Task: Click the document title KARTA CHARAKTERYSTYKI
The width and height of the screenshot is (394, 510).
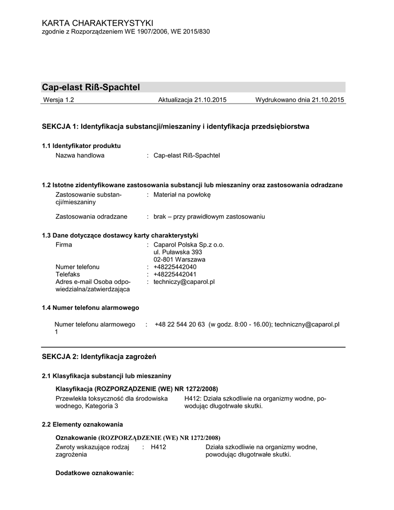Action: [98, 23]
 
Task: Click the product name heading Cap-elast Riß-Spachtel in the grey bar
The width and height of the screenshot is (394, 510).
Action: [91, 88]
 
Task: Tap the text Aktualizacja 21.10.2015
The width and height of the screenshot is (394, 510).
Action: [192, 100]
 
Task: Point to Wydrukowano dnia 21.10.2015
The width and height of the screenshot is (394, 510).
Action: [300, 100]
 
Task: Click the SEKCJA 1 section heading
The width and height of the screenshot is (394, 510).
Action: [175, 127]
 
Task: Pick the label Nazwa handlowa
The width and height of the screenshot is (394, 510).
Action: [80, 155]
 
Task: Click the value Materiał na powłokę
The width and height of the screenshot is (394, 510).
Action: [182, 195]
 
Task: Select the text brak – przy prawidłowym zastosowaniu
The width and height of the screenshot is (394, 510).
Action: [209, 217]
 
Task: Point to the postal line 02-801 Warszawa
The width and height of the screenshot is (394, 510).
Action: [179, 259]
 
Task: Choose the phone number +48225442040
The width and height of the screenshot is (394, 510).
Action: [175, 267]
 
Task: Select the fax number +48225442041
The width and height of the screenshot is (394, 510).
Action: [175, 274]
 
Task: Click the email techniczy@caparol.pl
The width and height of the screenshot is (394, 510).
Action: [184, 281]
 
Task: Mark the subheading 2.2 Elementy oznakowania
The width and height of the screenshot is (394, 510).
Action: [82, 424]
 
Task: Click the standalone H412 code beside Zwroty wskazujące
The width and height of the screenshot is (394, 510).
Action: [158, 447]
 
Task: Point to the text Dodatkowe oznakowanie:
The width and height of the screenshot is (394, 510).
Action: [95, 473]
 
